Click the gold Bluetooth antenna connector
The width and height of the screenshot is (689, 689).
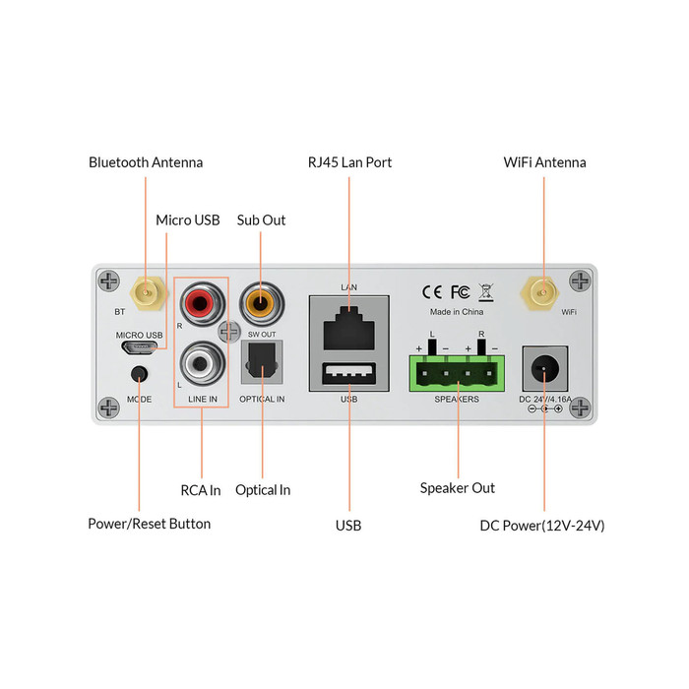point(147,292)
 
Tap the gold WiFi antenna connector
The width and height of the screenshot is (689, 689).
point(541,292)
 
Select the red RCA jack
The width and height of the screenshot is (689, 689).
point(201,299)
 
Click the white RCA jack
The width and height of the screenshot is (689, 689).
point(201,364)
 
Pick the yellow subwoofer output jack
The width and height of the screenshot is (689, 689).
point(260,299)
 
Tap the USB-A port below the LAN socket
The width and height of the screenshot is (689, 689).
point(348,375)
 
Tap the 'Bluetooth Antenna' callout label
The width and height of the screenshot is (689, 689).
point(146,162)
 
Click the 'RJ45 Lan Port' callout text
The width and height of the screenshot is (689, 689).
point(349,162)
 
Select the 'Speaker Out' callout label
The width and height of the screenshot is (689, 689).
point(458,488)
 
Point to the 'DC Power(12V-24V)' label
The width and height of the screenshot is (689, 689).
point(542,526)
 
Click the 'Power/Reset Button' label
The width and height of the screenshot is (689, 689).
point(150,524)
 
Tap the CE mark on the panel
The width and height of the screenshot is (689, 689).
point(432,291)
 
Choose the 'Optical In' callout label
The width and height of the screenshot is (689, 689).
point(263,490)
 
